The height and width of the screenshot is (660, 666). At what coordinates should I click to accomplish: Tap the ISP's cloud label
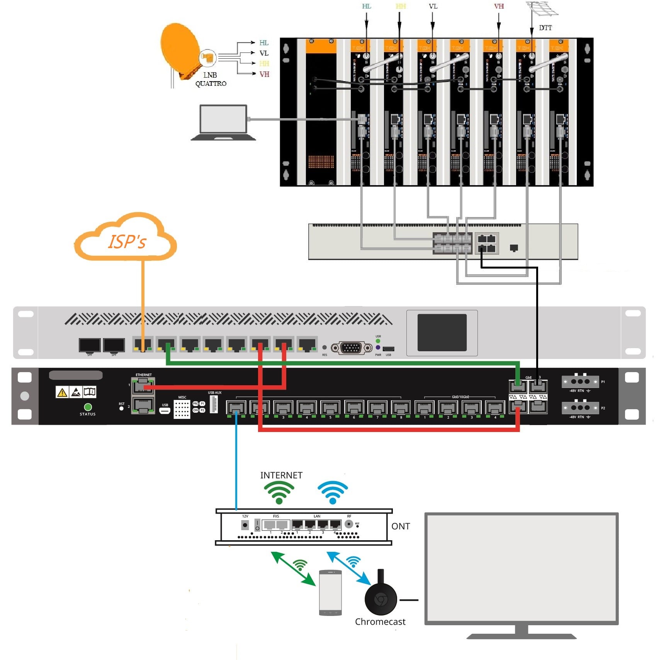(x=127, y=242)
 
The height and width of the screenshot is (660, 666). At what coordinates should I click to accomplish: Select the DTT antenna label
(x=545, y=28)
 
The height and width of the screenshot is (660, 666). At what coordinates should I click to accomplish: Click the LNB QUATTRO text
(x=211, y=79)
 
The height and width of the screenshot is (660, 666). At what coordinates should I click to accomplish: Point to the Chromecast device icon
(x=381, y=598)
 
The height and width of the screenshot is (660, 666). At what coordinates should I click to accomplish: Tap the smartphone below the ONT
(x=330, y=593)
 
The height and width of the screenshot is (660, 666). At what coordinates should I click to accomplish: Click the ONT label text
(x=401, y=526)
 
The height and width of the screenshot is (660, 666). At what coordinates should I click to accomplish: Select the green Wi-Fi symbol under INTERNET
(x=279, y=493)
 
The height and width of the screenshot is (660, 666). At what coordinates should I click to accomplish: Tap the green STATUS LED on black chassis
(x=88, y=407)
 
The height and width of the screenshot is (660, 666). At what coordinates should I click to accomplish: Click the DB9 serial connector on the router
(x=351, y=348)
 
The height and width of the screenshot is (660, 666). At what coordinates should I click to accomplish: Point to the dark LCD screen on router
(x=442, y=333)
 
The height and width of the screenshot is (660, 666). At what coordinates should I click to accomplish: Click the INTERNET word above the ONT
(x=281, y=475)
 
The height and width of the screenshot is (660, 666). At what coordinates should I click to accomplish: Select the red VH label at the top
(x=499, y=6)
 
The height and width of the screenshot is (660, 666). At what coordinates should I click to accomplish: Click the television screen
(x=521, y=568)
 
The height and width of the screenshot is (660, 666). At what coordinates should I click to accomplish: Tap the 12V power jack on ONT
(x=245, y=525)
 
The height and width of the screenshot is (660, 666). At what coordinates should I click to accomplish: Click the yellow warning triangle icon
(x=62, y=393)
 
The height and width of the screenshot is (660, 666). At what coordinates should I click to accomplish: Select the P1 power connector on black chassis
(x=580, y=382)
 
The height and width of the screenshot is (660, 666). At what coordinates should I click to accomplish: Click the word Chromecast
(x=380, y=622)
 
